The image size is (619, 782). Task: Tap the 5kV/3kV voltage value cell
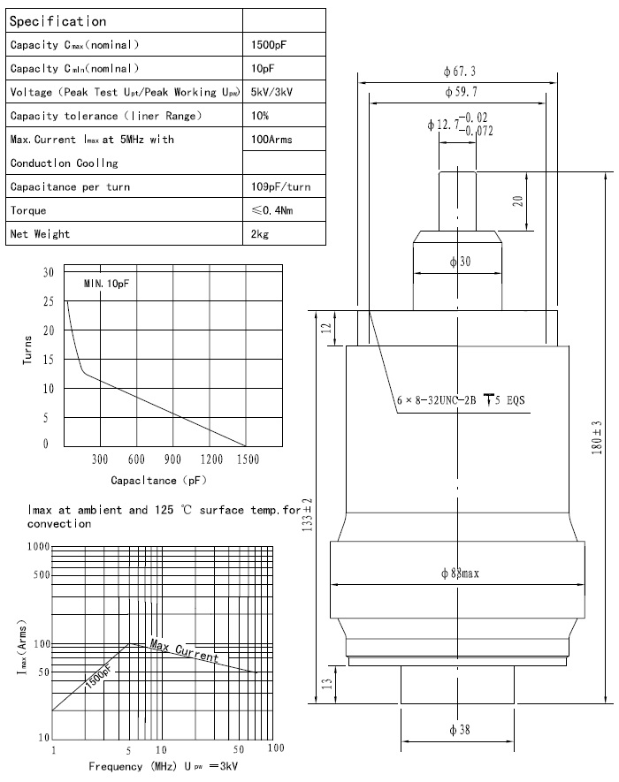(x=274, y=92)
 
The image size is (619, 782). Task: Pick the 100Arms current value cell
(x=272, y=140)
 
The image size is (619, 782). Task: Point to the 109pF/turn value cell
(x=281, y=187)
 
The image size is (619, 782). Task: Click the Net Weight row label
(x=41, y=234)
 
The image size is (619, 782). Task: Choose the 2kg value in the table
(x=261, y=234)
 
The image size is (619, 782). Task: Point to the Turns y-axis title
(x=27, y=349)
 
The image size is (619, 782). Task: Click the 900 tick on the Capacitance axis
(x=173, y=459)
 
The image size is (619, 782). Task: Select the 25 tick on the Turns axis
(x=48, y=301)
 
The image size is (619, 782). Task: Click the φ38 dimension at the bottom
(x=458, y=730)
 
